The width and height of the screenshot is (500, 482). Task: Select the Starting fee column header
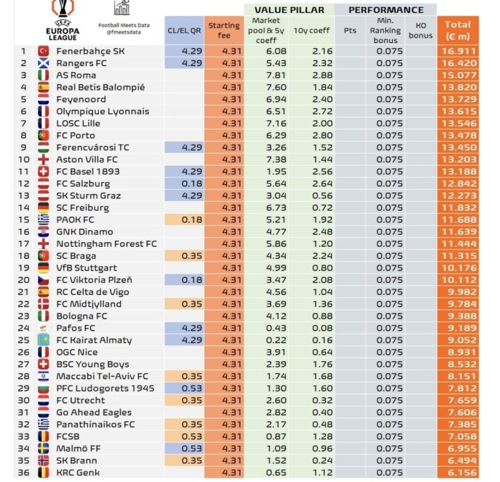(x=224, y=30)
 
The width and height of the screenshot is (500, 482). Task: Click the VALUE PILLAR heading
(x=289, y=10)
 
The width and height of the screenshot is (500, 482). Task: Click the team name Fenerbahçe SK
(x=91, y=51)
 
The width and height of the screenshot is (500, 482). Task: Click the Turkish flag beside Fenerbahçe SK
(x=44, y=51)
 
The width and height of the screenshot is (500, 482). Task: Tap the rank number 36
(x=24, y=472)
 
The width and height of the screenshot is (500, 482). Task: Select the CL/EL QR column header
(x=184, y=30)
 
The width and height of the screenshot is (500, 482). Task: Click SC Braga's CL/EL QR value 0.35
(x=184, y=256)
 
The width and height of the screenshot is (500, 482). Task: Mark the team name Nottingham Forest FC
(x=107, y=244)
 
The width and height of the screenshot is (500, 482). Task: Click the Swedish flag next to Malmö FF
(x=44, y=449)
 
